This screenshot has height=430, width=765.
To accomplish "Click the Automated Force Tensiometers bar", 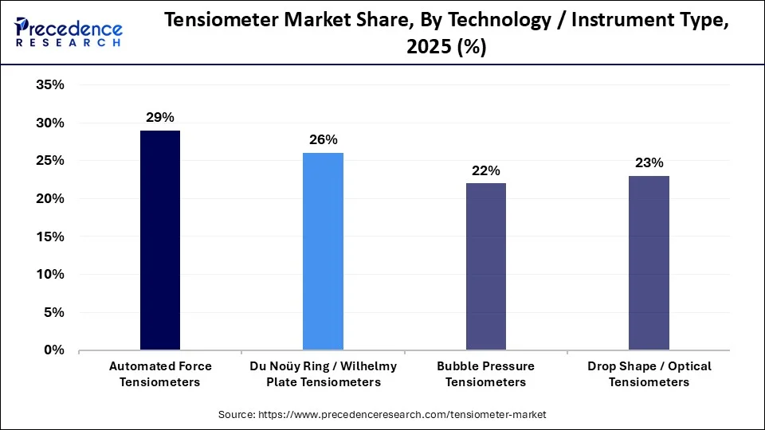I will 159,240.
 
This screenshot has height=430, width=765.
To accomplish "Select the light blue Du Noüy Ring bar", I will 323,252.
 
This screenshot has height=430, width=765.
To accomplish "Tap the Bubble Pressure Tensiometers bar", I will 485,267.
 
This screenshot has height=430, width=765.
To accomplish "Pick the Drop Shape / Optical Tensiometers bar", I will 649,263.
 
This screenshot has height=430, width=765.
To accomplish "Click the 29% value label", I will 159,118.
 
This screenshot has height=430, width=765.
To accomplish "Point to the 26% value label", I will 323,140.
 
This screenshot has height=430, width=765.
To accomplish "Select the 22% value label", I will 485,170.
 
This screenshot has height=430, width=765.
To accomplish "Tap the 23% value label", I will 649,163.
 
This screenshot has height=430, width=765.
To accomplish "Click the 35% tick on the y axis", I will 50,85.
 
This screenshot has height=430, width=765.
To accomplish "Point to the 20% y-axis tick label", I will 50,198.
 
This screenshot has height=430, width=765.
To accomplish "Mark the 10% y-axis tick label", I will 50,274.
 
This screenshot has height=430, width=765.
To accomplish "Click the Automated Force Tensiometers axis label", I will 160,374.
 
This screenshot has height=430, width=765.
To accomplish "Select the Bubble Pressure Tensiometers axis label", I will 485,374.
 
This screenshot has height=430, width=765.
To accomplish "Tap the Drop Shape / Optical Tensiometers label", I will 649,374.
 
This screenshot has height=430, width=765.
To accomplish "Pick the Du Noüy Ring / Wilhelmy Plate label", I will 323,374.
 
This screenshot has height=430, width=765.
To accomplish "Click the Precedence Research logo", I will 69,32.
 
